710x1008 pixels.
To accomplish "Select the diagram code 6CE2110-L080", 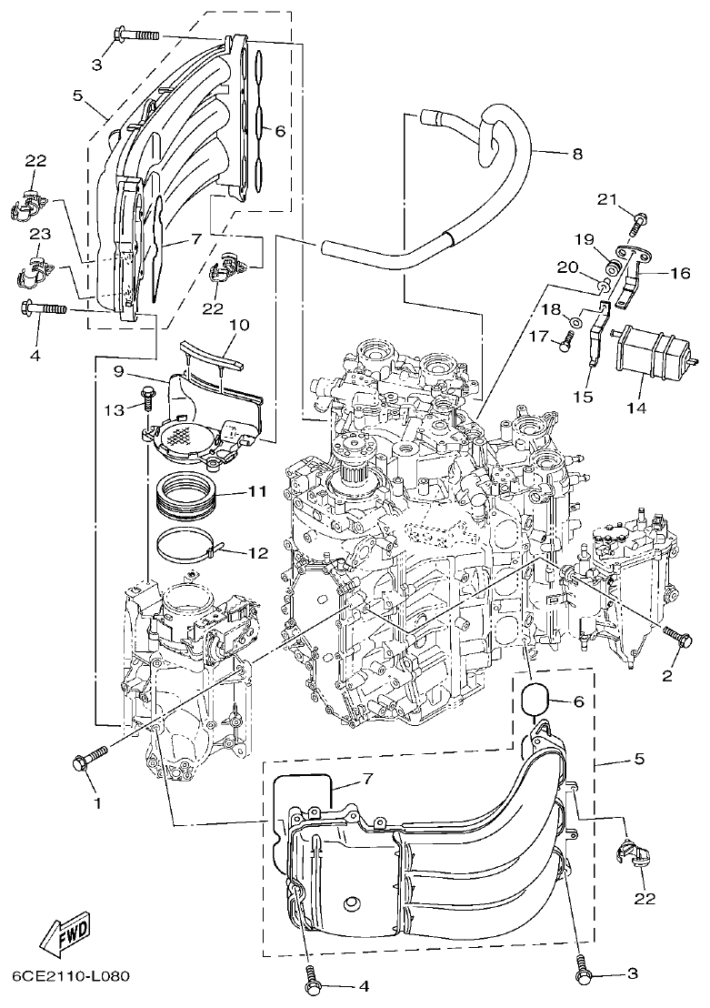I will click(71, 977).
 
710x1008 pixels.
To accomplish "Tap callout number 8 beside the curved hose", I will click(577, 154).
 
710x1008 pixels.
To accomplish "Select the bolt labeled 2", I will click(675, 633).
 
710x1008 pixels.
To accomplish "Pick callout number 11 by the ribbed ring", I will click(256, 492).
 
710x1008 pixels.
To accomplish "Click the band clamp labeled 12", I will click(186, 548).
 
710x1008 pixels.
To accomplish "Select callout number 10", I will click(238, 325).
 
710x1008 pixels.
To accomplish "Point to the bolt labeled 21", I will click(637, 218).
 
